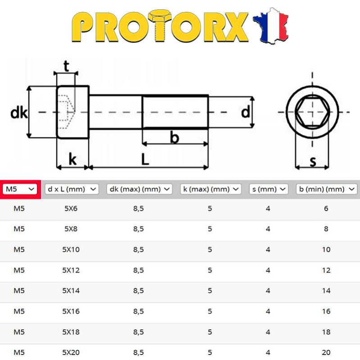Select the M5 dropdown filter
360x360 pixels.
pyautogui.click(x=19, y=189)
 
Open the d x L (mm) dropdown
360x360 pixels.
pyautogui.click(x=72, y=189)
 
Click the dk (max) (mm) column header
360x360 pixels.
pyautogui.click(x=139, y=189)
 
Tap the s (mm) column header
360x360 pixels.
pyautogui.click(x=269, y=189)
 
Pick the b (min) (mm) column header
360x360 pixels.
pyautogui.click(x=326, y=189)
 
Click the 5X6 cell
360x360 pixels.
pyautogui.click(x=71, y=209)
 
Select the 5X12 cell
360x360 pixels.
pyautogui.click(x=71, y=270)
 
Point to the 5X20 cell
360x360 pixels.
pyautogui.click(x=71, y=352)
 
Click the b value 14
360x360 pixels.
pyautogui.click(x=326, y=291)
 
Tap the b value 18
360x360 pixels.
pyautogui.click(x=326, y=332)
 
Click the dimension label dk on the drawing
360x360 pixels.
pyautogui.click(x=19, y=113)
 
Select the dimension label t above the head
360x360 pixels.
pyautogui.click(x=66, y=67)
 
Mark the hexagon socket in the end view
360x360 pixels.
pyautogui.click(x=312, y=111)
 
